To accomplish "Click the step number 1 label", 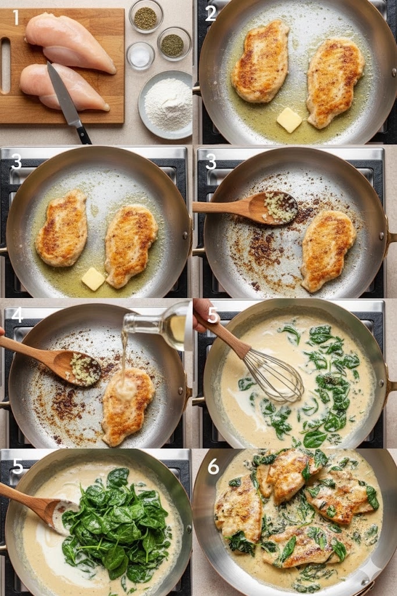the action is (16, 17).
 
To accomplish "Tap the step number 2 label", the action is (210, 13).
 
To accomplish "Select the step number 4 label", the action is (17, 315).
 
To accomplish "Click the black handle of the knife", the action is (84, 134).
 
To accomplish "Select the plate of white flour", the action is (166, 105).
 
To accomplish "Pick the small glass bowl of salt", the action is (141, 56).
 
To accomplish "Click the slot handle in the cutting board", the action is (6, 65).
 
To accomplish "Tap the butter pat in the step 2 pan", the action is (289, 120).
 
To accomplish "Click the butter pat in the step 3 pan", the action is (93, 279).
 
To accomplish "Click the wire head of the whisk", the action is (273, 377).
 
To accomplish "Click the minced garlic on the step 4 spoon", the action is (84, 368).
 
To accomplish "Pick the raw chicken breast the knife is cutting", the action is (64, 87).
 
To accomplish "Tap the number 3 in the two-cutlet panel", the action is (16, 162).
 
